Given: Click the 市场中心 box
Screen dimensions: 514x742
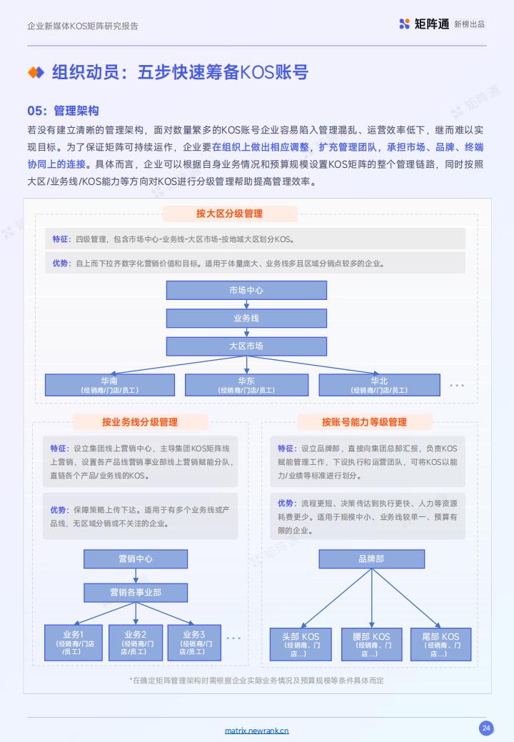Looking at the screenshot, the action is (x=246, y=290).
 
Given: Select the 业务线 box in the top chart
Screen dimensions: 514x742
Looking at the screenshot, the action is (x=246, y=318).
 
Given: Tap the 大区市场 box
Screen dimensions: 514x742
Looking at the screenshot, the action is (x=246, y=346).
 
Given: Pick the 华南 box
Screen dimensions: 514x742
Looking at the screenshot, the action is (x=110, y=385).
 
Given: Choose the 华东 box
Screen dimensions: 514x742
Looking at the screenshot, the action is (x=246, y=385).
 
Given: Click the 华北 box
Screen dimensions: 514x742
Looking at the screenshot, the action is (x=379, y=385).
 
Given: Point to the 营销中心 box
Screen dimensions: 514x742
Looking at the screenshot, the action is (x=136, y=559).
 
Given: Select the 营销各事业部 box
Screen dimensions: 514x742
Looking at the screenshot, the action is (x=136, y=592).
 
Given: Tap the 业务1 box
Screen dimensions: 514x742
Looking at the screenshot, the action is (x=74, y=643).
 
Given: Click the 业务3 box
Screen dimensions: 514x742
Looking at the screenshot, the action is (x=194, y=643).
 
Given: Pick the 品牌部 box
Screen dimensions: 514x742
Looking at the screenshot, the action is (x=372, y=559).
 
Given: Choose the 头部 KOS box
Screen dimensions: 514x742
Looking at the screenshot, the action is (x=301, y=644).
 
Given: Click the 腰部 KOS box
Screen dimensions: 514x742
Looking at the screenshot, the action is (x=372, y=644).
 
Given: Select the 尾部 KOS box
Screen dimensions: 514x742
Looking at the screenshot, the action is (x=440, y=644).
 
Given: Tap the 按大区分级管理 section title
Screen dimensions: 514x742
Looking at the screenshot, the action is (x=230, y=214).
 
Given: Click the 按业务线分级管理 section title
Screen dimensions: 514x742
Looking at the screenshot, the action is (x=140, y=422).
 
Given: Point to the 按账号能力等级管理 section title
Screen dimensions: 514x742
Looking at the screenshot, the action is (x=365, y=422).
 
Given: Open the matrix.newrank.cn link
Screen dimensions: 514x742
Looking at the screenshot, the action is (x=257, y=730).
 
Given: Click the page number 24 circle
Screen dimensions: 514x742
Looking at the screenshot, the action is (x=486, y=728).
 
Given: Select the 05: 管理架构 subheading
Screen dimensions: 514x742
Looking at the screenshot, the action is (x=63, y=111).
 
